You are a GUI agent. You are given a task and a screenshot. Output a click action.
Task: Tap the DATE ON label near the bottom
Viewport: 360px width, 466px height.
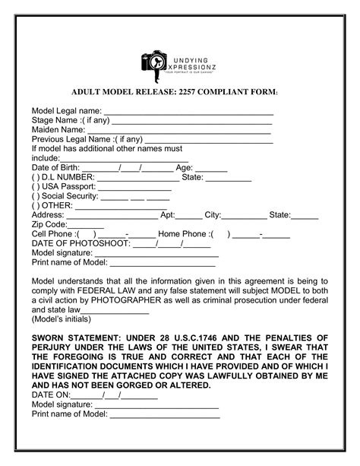tap(50, 395)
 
